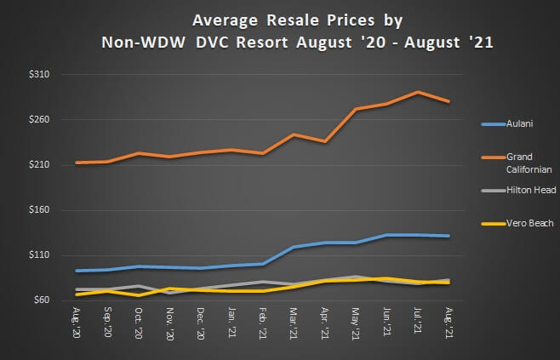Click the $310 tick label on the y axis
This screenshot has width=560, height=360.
[x=38, y=75]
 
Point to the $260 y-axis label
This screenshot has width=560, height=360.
[x=38, y=120]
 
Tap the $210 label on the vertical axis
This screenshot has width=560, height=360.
[x=38, y=165]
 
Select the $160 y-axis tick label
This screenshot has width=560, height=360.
[x=38, y=210]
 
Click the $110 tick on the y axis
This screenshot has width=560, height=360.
[x=38, y=255]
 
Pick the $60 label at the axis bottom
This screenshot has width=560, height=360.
[x=41, y=300]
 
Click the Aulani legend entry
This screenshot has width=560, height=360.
[x=519, y=124]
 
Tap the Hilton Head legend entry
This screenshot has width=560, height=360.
[x=531, y=191]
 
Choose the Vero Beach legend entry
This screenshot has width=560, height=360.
[x=530, y=223]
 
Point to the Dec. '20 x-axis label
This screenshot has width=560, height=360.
[x=201, y=323]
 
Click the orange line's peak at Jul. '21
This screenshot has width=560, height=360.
[x=417, y=92]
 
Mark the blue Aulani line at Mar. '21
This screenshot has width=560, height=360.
[x=294, y=247]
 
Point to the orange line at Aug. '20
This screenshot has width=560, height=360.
[x=77, y=163]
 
